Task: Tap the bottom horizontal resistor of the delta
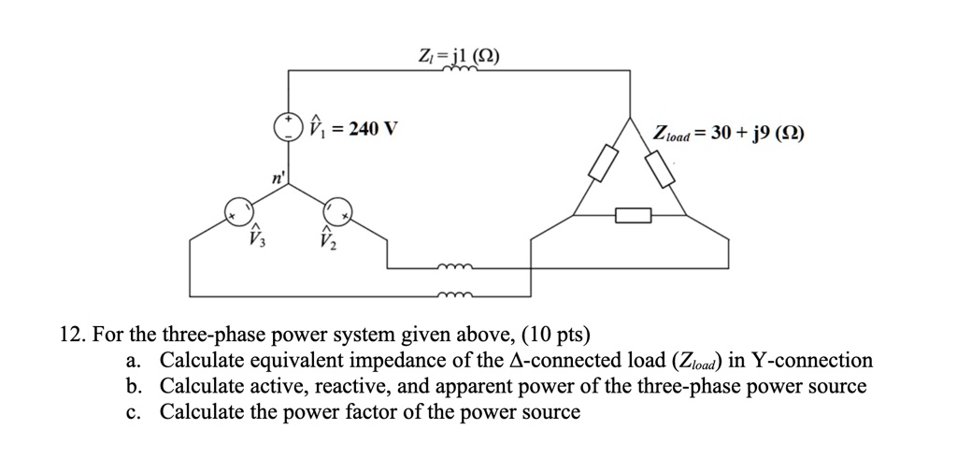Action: click(633, 217)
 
